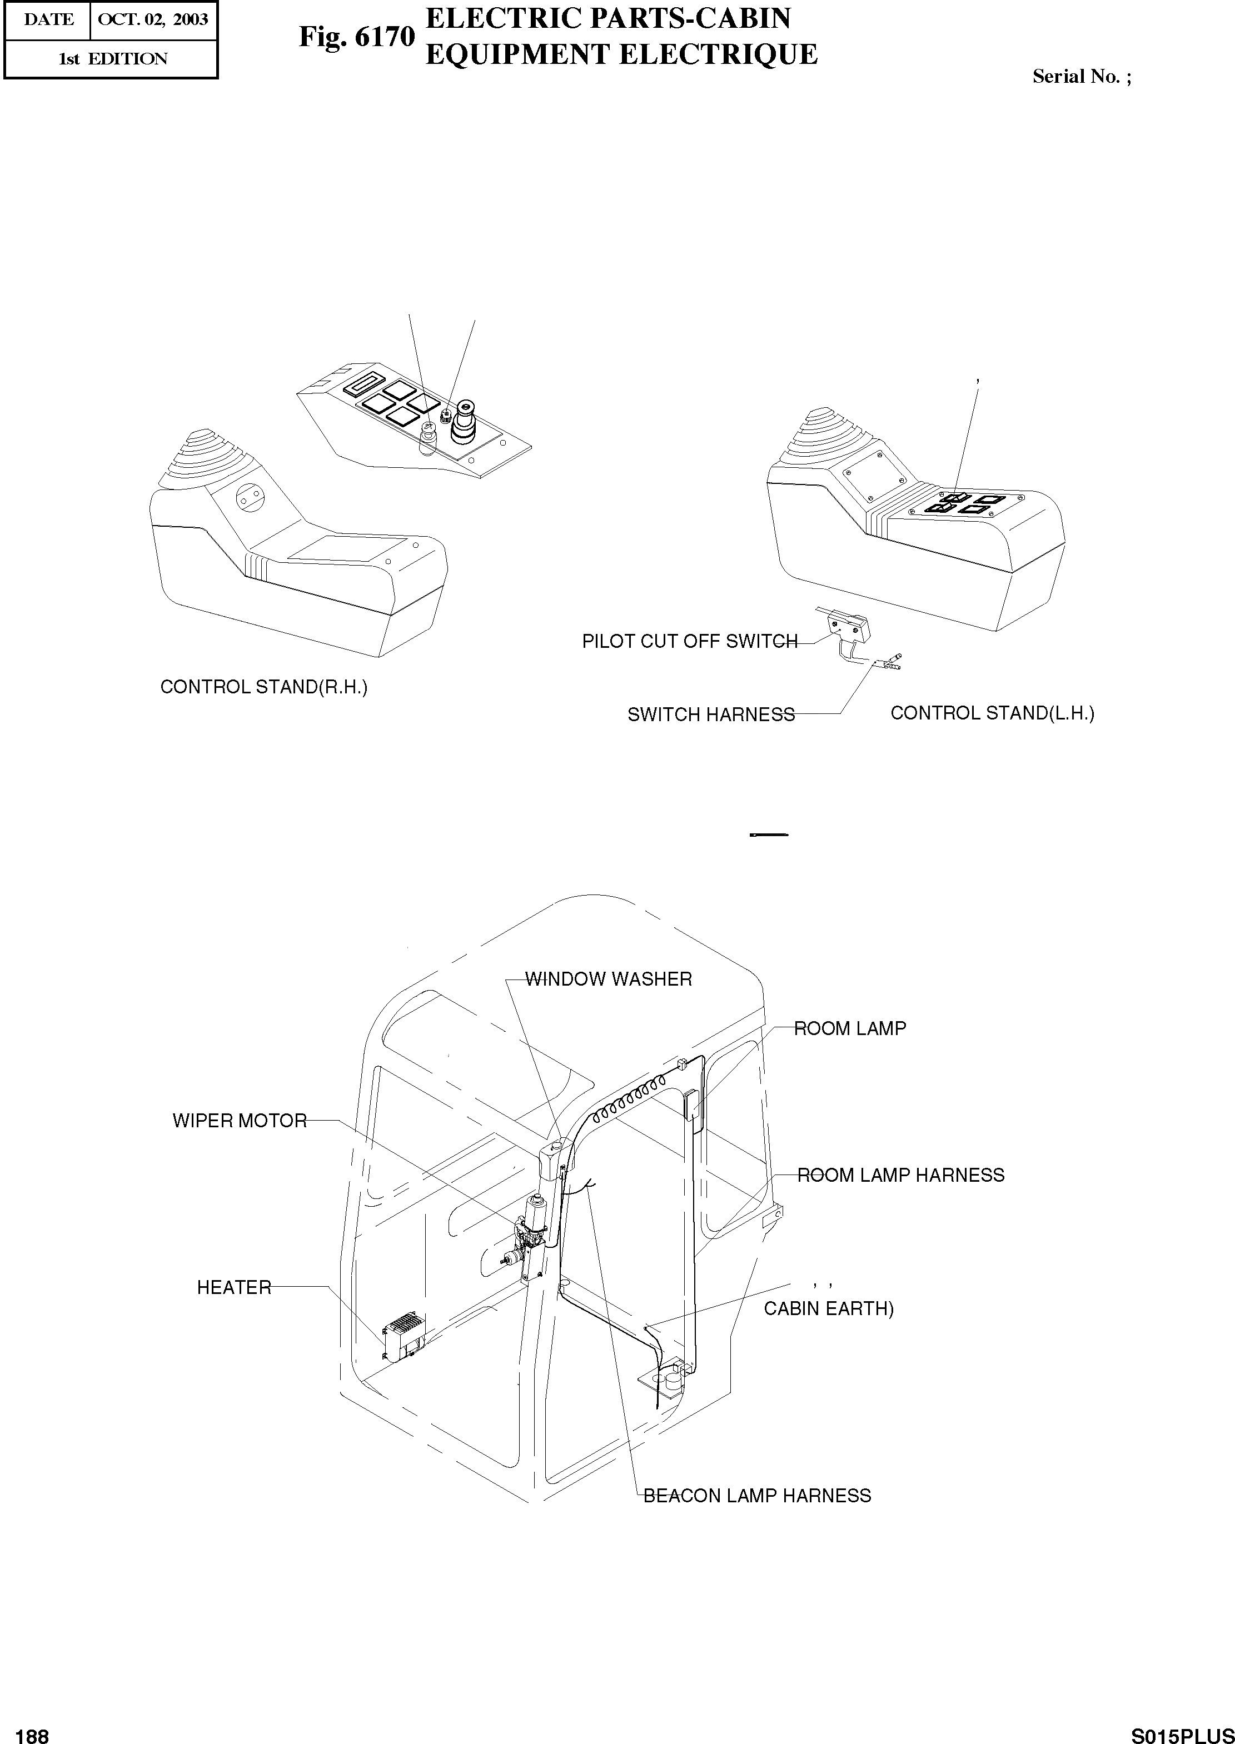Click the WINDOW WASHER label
click(x=609, y=979)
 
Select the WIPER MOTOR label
click(x=240, y=1121)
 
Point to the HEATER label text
click(x=234, y=1287)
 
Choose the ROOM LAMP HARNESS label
click(x=900, y=1175)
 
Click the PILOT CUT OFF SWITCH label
click(x=690, y=641)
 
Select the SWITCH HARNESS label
click(x=711, y=714)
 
